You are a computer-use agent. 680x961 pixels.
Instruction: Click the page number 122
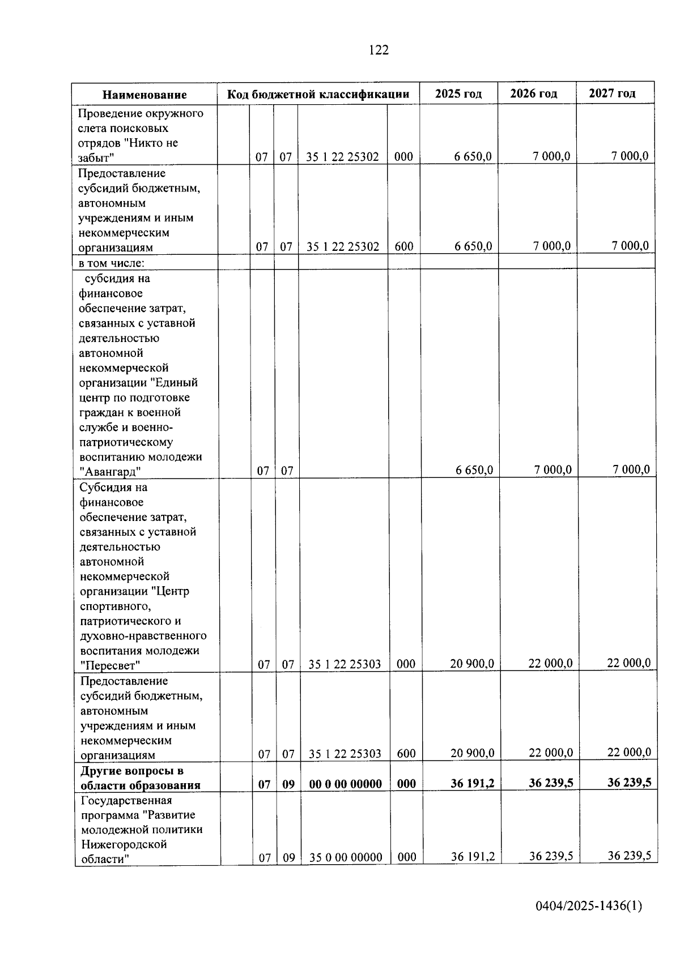click(x=379, y=50)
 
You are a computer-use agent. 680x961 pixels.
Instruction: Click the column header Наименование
click(x=144, y=95)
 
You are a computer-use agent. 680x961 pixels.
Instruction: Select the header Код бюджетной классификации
click(x=318, y=94)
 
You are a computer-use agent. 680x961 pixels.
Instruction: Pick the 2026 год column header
click(x=533, y=93)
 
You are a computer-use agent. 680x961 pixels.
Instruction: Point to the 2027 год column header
click(x=612, y=93)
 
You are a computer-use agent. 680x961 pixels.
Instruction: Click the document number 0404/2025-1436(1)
click(x=589, y=906)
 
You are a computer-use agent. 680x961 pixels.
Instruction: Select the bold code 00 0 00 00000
click(x=345, y=784)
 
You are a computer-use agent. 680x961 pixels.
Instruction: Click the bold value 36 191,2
click(x=472, y=783)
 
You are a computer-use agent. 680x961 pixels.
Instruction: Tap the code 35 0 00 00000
click(x=346, y=857)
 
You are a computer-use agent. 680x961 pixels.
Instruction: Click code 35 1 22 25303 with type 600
click(x=345, y=754)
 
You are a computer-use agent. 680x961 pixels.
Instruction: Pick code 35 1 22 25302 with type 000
click(x=342, y=157)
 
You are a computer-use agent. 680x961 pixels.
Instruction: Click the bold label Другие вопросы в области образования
click(x=140, y=778)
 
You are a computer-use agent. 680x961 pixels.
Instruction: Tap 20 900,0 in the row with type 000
click(x=471, y=664)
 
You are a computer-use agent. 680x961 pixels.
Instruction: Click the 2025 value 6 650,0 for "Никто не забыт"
click(x=472, y=157)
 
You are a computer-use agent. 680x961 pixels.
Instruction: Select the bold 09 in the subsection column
click(x=288, y=784)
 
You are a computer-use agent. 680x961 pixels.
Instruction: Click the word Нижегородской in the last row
click(x=124, y=844)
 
